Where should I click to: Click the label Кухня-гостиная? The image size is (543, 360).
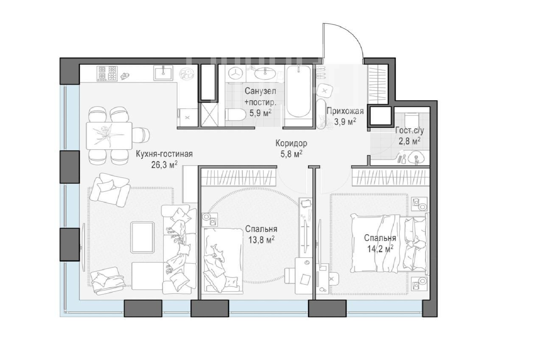(164, 154)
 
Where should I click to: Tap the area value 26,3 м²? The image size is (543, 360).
(164, 165)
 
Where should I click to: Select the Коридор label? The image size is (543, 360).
(291, 143)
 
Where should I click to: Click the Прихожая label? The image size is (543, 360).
(345, 111)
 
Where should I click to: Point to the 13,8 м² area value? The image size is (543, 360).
(261, 240)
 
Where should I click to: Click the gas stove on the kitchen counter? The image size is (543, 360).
(107, 73)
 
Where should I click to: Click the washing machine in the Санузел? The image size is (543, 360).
(236, 73)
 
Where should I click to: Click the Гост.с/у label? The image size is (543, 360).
(409, 130)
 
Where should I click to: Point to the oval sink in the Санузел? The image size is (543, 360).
(265, 73)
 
